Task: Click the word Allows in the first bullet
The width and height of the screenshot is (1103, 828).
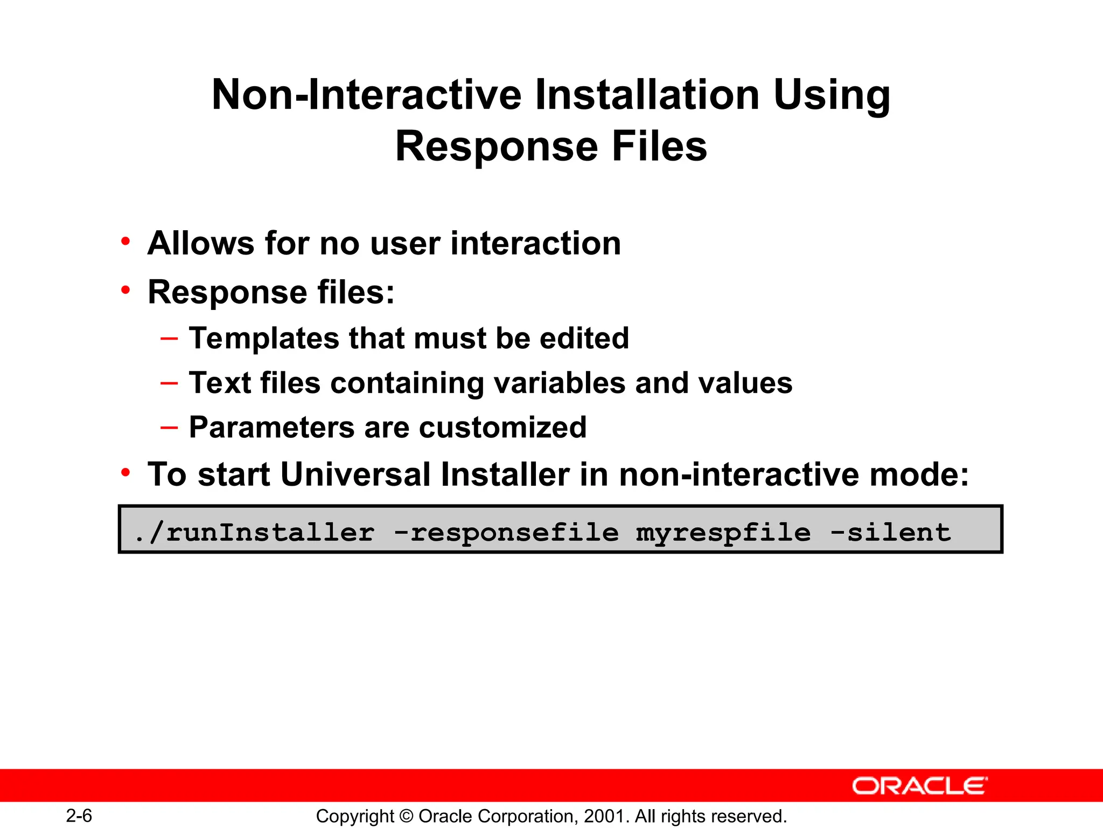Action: pyautogui.click(x=200, y=243)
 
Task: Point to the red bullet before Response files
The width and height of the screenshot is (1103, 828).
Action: pyautogui.click(x=126, y=290)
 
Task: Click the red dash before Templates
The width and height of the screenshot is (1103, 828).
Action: pyautogui.click(x=169, y=339)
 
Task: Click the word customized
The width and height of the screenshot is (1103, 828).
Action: pyautogui.click(x=502, y=428)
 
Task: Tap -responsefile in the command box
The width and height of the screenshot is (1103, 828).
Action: pyautogui.click(x=507, y=533)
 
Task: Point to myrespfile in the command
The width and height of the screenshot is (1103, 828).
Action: pyautogui.click(x=723, y=533)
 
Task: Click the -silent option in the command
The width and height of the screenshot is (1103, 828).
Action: pyautogui.click(x=891, y=533)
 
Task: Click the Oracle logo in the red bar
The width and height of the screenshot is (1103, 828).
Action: pyautogui.click(x=919, y=786)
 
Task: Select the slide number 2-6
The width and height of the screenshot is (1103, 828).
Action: pyautogui.click(x=79, y=816)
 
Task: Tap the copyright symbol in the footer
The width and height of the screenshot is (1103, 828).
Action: pyautogui.click(x=407, y=816)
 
